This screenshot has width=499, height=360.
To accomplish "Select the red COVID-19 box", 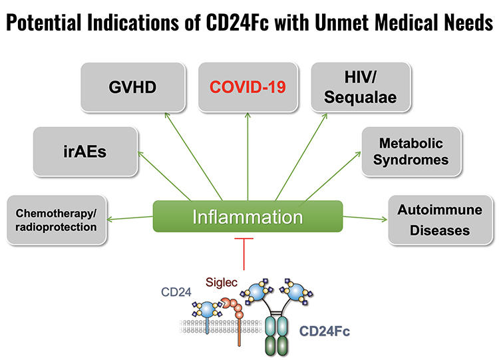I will click(248, 87).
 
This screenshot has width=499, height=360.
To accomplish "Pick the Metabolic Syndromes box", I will click(411, 152).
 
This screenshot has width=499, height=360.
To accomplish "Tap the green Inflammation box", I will click(248, 217).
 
